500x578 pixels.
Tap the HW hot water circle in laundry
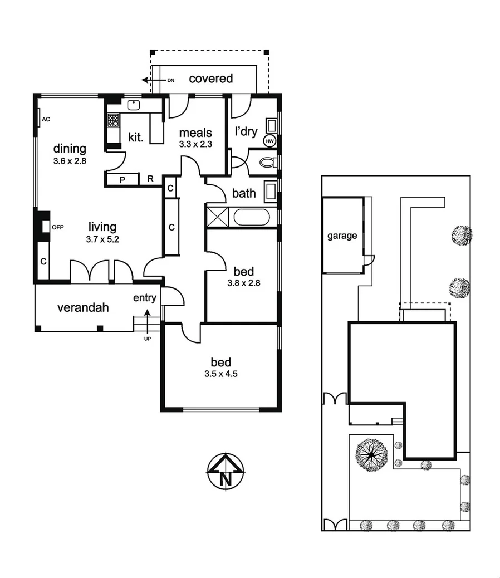269,141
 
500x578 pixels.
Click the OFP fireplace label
58,228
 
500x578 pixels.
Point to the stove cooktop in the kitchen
113,120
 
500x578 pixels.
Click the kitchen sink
134,105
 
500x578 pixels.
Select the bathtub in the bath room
251,216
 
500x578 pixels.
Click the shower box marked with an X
217,216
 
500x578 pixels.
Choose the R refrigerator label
150,179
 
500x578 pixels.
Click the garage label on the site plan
341,236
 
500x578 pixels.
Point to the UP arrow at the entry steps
147,323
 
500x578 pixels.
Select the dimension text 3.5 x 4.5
220,374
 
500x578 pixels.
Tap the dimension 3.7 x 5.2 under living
102,239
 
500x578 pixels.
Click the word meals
195,133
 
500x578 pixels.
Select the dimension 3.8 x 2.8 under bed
244,282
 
